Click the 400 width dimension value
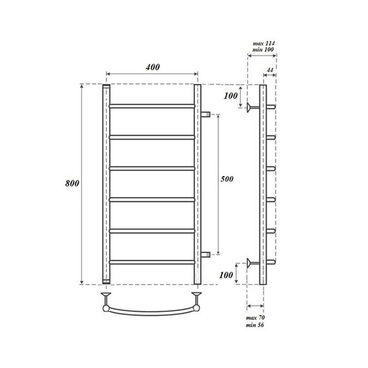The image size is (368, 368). (x=152, y=67)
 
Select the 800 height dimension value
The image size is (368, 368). (x=72, y=183)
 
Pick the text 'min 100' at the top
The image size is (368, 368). (x=262, y=50)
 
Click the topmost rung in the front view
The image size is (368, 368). (x=152, y=105)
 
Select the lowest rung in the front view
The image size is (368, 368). (x=152, y=261)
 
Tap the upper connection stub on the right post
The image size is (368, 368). (x=206, y=114)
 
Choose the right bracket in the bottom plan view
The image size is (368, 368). (x=198, y=298)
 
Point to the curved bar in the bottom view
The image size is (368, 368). (x=152, y=312)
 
